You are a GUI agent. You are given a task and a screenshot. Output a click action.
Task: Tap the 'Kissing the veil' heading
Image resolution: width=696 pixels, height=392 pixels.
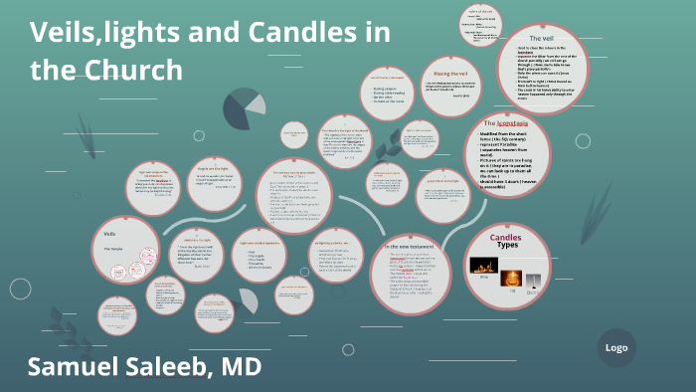[450, 74]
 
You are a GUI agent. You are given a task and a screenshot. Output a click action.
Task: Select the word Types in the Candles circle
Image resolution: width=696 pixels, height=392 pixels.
[508, 246]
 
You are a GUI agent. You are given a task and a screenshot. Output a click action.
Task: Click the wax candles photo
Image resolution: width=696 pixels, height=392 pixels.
[483, 266]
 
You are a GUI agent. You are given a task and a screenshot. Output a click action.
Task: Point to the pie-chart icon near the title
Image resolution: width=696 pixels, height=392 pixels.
[241, 108]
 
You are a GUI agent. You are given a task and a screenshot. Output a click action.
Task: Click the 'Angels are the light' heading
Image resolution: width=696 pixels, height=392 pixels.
[215, 168]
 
